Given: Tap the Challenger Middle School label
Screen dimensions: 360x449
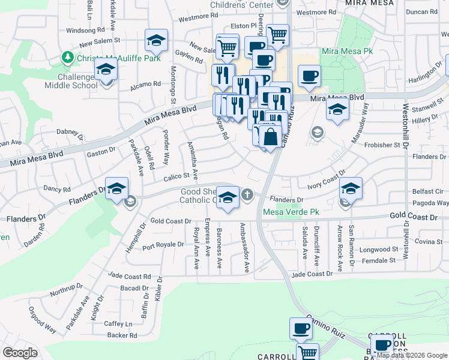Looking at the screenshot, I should (71, 81).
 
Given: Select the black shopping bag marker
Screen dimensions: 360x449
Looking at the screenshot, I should (271, 136).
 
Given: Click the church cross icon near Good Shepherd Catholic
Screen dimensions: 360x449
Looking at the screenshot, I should (247, 194).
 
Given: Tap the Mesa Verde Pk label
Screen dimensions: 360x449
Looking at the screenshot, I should (291, 212).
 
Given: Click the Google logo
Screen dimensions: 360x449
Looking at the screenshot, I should (20, 353).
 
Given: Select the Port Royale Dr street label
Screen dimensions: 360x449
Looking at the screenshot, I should (163, 245).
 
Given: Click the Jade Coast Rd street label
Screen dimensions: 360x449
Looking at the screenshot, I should (129, 277).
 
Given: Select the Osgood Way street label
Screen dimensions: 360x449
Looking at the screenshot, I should (43, 320).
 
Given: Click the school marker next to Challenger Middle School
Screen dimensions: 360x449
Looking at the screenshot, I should (106, 71).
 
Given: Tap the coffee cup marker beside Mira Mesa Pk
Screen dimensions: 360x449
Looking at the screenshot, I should (309, 76).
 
